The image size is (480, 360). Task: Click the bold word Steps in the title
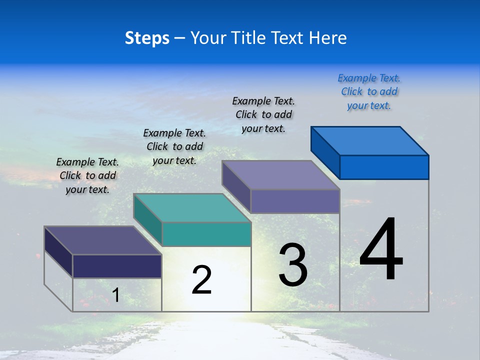coord(147,38)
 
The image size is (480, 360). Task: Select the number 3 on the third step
coord(293,265)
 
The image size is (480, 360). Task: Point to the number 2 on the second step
coord(201,280)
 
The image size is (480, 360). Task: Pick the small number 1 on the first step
coord(115,295)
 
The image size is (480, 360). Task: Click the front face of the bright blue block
coord(384,167)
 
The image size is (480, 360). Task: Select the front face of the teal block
coord(206,234)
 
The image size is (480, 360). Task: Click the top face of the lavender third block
coord(281,175)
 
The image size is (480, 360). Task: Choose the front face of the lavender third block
coord(295,201)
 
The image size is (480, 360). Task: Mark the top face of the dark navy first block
coord(103,240)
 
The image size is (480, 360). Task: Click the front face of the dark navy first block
coord(117,266)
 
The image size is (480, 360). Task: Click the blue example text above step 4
coord(369,92)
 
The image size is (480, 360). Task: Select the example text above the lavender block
coord(263,114)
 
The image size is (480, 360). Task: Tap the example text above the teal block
coord(174,146)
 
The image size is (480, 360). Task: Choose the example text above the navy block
coord(87,175)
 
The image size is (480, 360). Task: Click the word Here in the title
coord(327,38)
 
